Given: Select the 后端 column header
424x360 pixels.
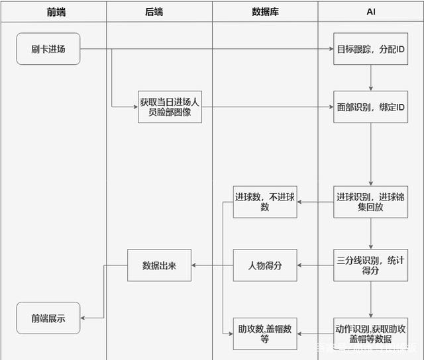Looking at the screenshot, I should (x=159, y=12).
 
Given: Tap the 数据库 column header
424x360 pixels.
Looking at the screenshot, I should (x=265, y=12).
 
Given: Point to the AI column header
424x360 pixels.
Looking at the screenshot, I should (x=370, y=12).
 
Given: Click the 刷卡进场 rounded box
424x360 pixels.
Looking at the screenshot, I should (x=48, y=49).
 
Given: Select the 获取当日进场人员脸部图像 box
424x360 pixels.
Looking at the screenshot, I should (x=170, y=107).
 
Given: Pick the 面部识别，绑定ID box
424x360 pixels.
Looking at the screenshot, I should (x=370, y=107).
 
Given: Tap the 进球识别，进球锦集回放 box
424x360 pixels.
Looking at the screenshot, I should (x=370, y=201).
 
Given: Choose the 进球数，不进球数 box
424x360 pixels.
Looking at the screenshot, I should (x=264, y=201).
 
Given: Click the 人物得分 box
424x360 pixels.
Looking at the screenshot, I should (x=264, y=265).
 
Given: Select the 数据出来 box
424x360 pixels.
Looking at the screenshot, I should (x=159, y=265).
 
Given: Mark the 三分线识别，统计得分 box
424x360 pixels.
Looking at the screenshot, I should (x=370, y=265).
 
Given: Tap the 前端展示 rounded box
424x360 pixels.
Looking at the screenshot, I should (x=48, y=318).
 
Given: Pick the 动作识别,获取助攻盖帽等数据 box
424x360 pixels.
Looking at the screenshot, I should (x=370, y=334).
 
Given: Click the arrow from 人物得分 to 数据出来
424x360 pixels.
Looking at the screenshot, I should (x=212, y=265).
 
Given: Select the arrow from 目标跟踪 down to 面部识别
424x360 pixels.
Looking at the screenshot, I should (x=370, y=77).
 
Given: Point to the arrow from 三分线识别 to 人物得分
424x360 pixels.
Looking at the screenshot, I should (x=315, y=265).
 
